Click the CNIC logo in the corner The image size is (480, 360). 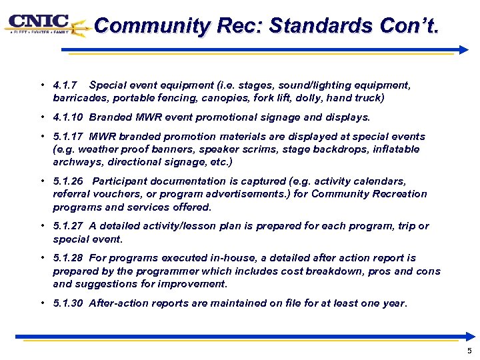click(x=41, y=25)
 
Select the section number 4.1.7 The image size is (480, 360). click(x=65, y=85)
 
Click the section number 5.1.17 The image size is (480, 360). click(x=68, y=137)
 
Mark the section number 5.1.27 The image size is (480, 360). click(x=68, y=226)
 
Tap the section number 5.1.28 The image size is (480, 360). click(x=68, y=258)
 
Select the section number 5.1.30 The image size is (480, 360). click(x=68, y=303)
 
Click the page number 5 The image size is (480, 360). click(x=469, y=351)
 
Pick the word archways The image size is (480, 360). click(x=75, y=162)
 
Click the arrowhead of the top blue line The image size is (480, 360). click(x=464, y=49)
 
